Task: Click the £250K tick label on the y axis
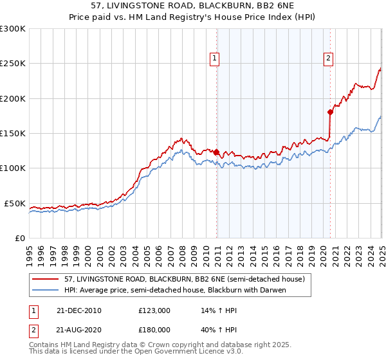(x=13, y=64)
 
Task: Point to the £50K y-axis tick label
(x=15, y=203)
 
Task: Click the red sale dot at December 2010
(x=216, y=152)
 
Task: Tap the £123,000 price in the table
(x=154, y=310)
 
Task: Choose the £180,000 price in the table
(x=154, y=329)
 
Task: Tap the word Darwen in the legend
(x=271, y=290)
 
